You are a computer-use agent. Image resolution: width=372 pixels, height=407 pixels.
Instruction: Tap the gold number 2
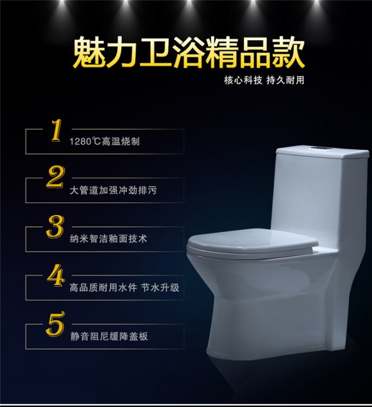tap(55, 177)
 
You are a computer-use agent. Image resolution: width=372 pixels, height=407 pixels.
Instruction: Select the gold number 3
tap(55, 226)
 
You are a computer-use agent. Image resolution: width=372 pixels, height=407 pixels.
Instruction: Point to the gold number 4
tap(55, 275)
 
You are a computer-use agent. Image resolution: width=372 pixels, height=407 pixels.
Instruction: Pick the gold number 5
tap(55, 323)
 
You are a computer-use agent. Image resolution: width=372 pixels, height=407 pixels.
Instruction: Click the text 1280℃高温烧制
tap(105, 142)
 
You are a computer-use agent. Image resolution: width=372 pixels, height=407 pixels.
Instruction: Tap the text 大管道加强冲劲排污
tap(113, 190)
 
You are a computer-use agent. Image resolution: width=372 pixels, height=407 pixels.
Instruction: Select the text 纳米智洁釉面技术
tap(108, 239)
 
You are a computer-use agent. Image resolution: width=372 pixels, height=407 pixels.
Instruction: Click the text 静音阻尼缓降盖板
tap(109, 336)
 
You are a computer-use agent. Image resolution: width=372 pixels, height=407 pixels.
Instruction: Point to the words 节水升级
tap(161, 288)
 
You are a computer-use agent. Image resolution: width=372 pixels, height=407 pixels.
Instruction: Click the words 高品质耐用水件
tap(103, 288)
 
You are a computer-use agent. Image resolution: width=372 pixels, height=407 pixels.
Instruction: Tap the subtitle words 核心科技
tap(243, 80)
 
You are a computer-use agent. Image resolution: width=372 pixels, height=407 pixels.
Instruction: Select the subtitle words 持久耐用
tap(285, 80)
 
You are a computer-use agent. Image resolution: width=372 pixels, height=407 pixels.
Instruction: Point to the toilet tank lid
tap(322, 152)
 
